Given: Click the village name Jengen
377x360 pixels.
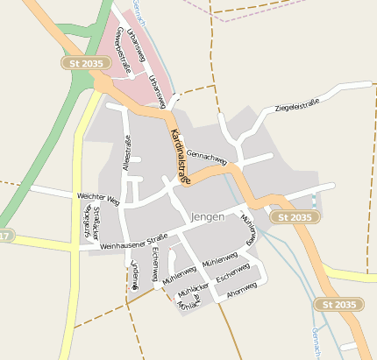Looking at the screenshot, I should pyautogui.click(x=206, y=216).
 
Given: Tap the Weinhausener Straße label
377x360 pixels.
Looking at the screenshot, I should pyautogui.click(x=133, y=242).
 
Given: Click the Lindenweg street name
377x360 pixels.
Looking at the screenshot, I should pyautogui.click(x=135, y=274).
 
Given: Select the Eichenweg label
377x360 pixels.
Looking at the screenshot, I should pyautogui.click(x=155, y=259).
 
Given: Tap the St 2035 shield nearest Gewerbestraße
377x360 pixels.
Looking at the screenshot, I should pyautogui.click(x=82, y=63).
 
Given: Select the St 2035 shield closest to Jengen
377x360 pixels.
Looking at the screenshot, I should pyautogui.click(x=291, y=216).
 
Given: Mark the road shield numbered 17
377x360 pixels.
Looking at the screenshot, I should pyautogui.click(x=5, y=236).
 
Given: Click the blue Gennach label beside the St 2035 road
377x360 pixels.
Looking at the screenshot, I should pyautogui.click(x=315, y=342).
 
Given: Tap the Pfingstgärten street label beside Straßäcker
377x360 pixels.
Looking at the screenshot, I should pyautogui.click(x=86, y=225).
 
